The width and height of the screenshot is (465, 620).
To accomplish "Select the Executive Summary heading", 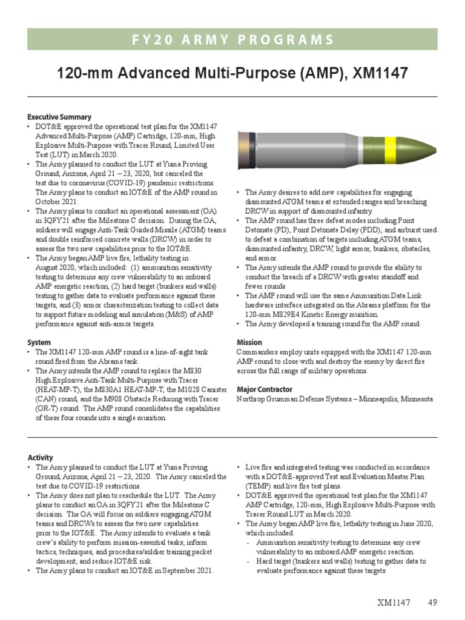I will click(x=59, y=117).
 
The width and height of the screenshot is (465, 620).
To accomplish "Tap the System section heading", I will click(x=39, y=342).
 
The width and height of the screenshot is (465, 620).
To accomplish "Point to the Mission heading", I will click(x=249, y=342).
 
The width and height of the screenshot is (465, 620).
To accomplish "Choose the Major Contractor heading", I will click(x=265, y=389).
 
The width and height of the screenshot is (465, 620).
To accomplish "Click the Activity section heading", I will click(x=41, y=458).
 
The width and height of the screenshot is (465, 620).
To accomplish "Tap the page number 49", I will click(x=432, y=602).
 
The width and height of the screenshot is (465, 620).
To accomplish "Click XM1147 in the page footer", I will click(x=394, y=602).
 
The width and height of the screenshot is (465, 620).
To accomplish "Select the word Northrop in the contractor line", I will click(x=251, y=399).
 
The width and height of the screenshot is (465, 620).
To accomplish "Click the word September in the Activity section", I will click(x=176, y=571).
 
